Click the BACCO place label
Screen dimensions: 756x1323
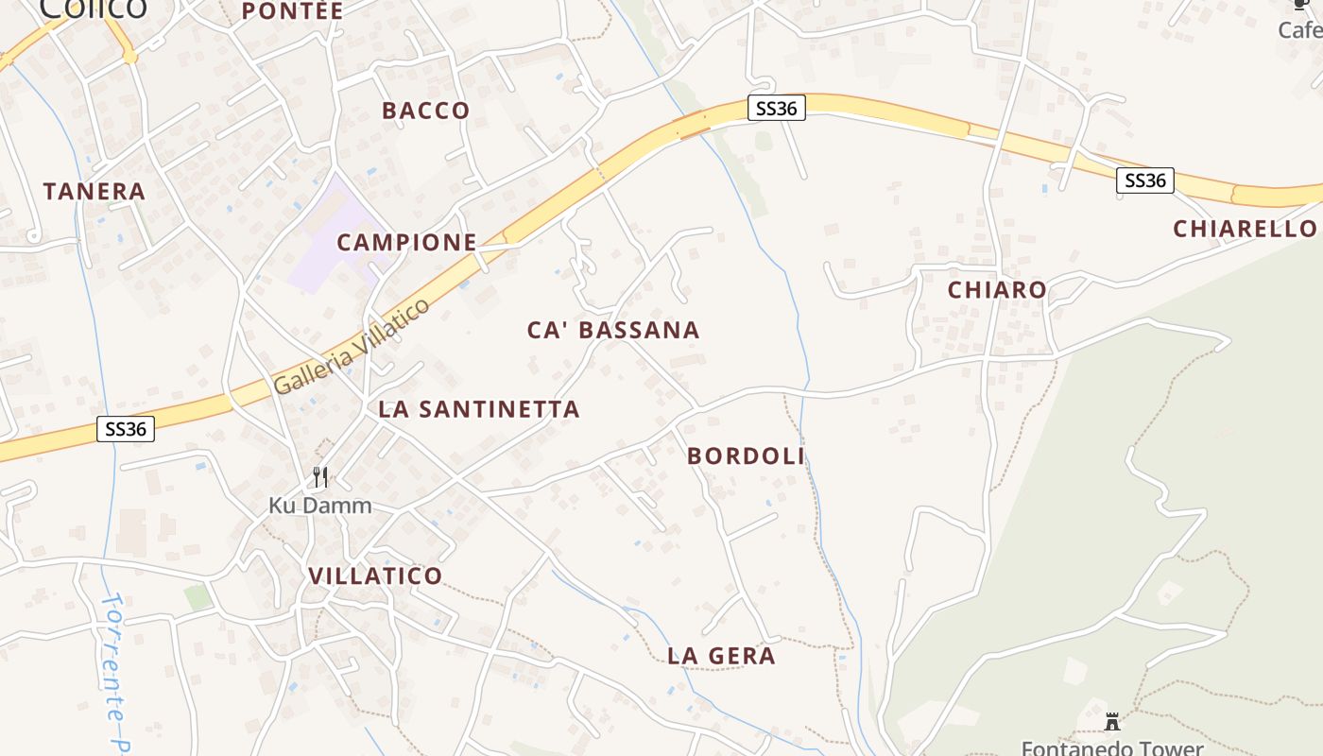click(425, 111)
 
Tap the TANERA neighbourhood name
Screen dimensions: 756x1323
click(94, 192)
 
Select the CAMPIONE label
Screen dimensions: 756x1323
click(406, 242)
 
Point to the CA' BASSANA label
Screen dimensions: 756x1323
click(613, 330)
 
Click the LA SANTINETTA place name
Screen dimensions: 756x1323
click(478, 409)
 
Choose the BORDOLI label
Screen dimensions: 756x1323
click(746, 455)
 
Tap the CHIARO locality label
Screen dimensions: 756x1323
click(997, 290)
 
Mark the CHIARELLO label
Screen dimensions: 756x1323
click(1244, 229)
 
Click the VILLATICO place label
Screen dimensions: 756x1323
click(375, 576)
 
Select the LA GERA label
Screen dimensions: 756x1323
click(721, 656)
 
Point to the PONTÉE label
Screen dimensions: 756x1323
click(292, 11)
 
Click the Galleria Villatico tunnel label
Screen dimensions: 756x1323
click(352, 347)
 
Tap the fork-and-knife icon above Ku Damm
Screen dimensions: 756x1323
click(320, 477)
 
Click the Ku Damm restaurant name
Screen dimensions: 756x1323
click(319, 506)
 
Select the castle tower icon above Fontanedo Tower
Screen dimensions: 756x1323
click(1112, 722)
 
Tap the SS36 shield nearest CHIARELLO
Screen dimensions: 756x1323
click(1144, 180)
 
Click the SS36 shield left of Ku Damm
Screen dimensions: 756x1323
click(126, 429)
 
